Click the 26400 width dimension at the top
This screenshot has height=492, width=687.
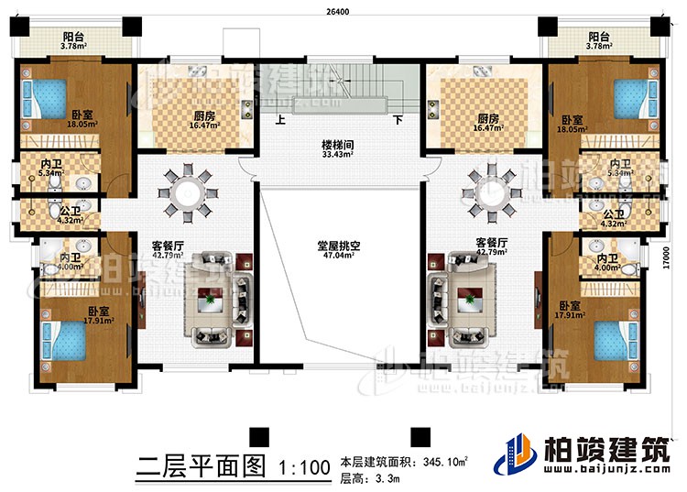(x=344, y=12)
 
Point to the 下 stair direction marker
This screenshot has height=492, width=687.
(x=398, y=120)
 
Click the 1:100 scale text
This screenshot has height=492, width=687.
(x=300, y=467)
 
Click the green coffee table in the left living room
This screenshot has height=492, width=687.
(x=212, y=300)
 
